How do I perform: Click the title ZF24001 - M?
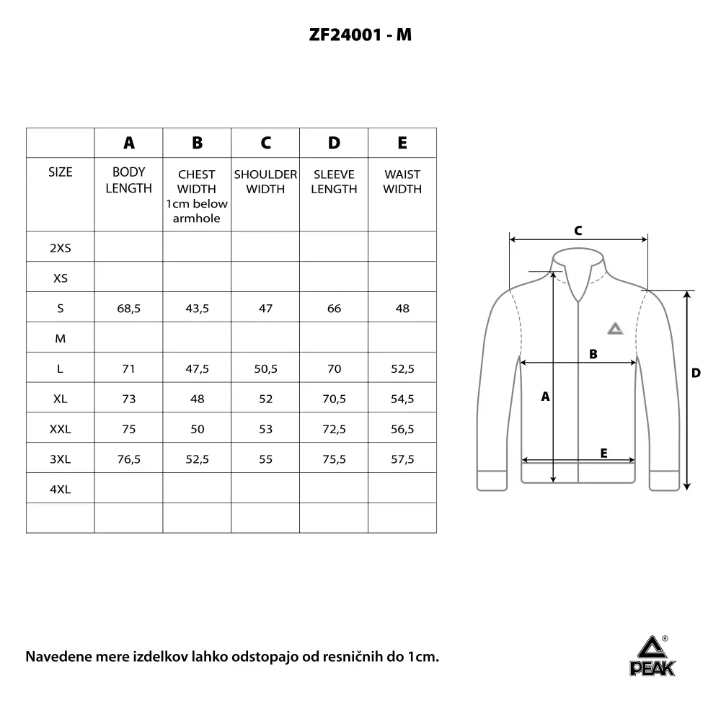coord(360,34)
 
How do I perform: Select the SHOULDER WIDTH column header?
coord(265,182)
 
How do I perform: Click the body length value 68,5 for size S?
coord(128,309)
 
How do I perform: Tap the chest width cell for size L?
coord(197,368)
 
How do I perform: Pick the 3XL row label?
coord(60,459)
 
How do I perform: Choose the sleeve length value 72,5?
coord(334,429)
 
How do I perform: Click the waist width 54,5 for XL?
coord(402,399)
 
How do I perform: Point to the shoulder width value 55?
coord(265,459)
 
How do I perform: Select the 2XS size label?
coord(60,248)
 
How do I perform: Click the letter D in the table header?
coord(334,143)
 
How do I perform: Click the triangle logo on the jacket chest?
coord(614,329)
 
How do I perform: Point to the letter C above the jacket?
coord(578,231)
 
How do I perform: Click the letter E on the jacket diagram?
coord(603,453)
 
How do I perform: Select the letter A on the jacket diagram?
coord(545,397)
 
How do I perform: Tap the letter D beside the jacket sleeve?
coord(696,373)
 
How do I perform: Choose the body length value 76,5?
coord(128,459)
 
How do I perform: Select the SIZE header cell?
coord(60,172)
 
